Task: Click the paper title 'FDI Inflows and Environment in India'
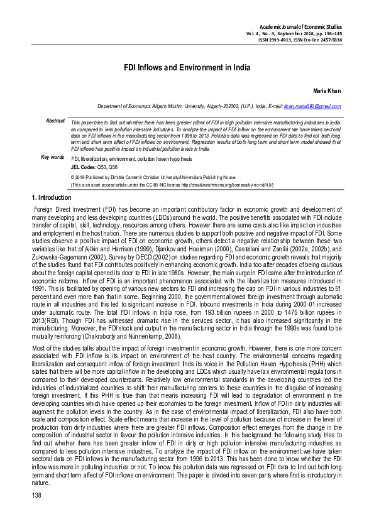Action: click(x=187, y=67)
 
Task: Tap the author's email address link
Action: click(x=312, y=107)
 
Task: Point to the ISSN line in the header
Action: click(x=300, y=40)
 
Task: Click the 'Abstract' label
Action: click(x=55, y=120)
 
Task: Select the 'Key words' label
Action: click(x=52, y=157)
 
